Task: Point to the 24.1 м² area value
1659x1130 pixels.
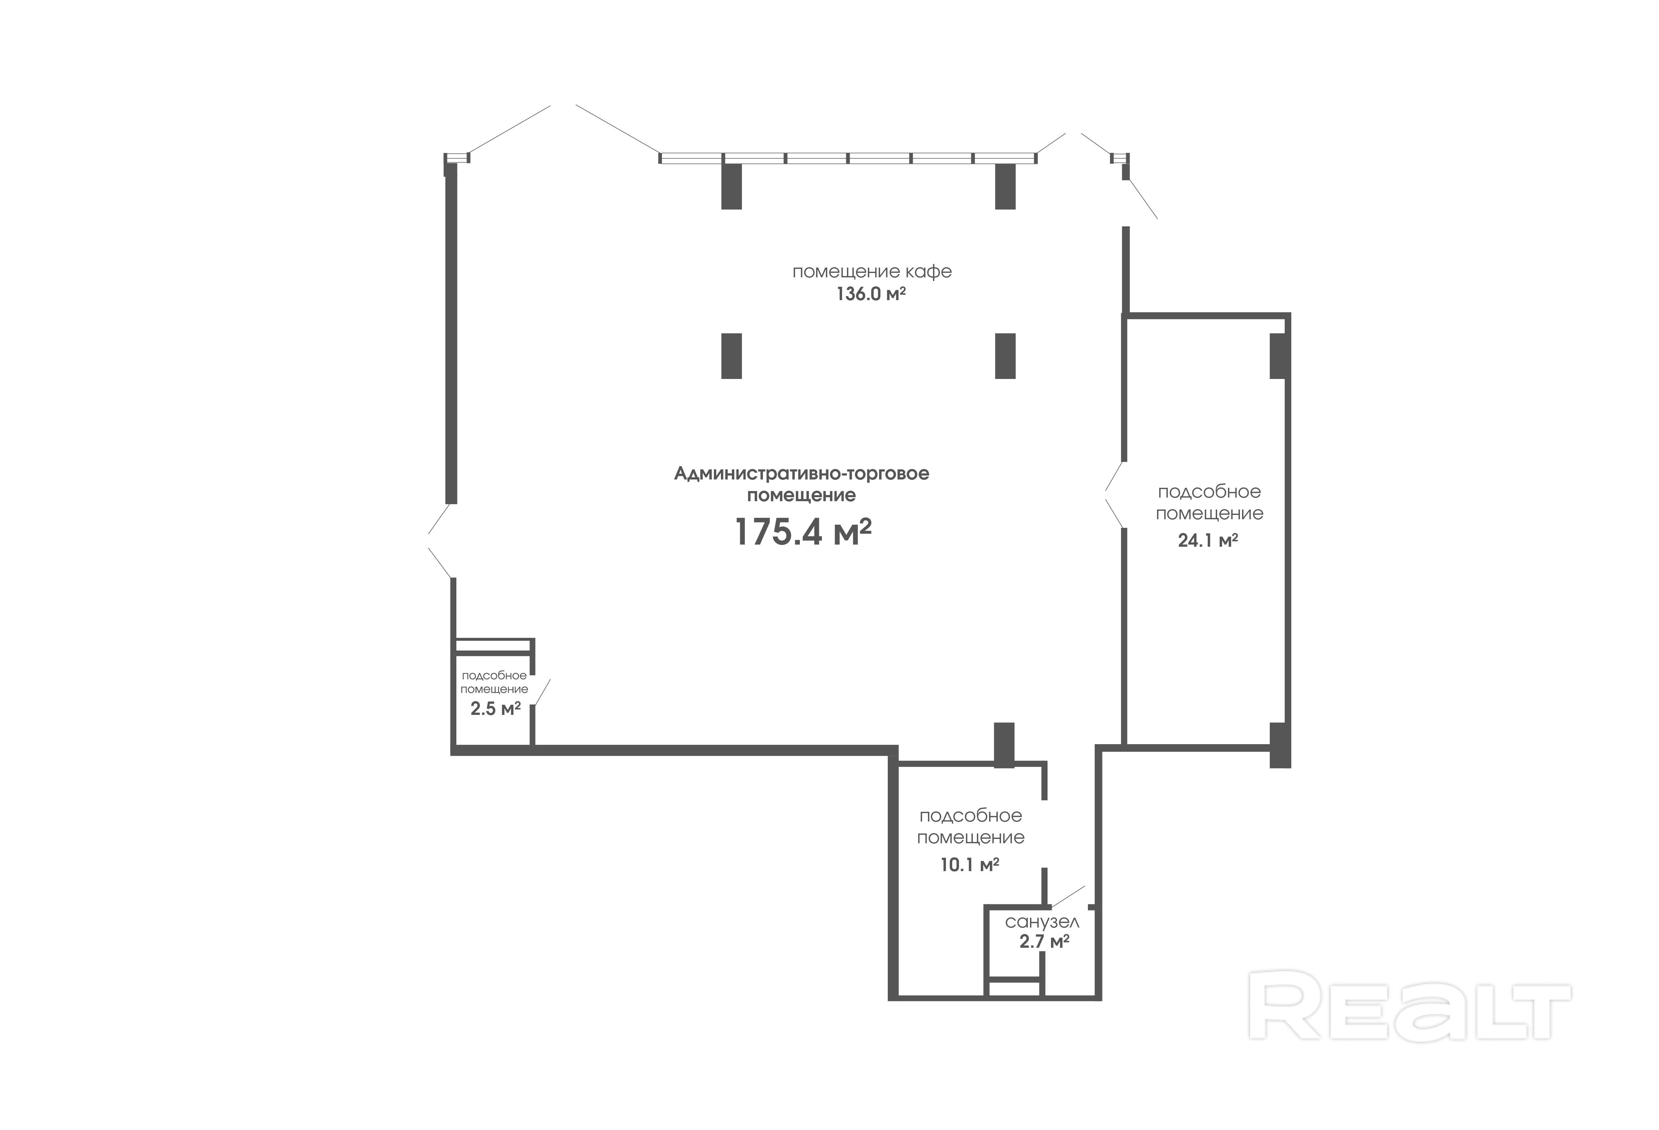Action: coord(1208,540)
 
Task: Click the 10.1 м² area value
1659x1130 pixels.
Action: coord(970,865)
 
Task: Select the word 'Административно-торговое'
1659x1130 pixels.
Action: coord(802,474)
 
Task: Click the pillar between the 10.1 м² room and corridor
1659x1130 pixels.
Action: coord(1004,745)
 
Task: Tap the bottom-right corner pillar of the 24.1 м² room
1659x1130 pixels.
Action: coord(1280,745)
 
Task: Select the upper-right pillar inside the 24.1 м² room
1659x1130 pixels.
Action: coord(1278,356)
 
